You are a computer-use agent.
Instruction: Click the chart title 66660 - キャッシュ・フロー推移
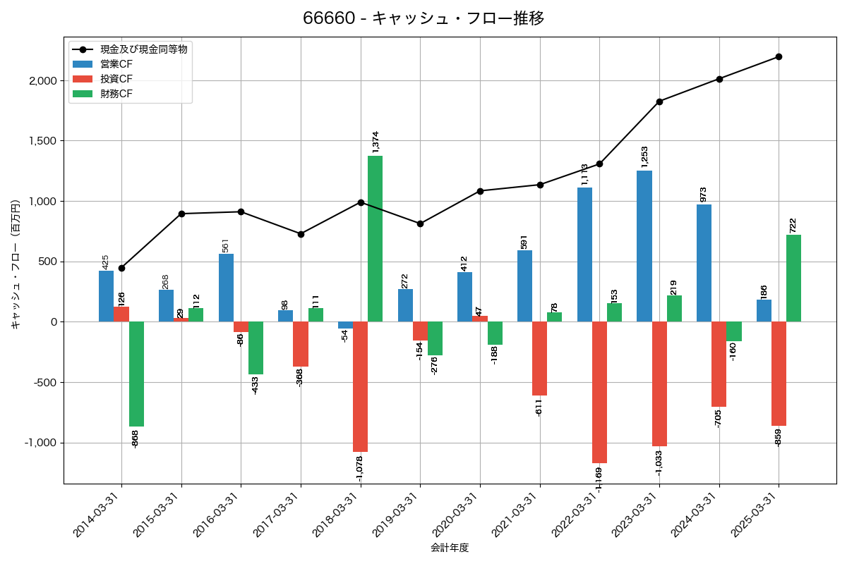[423, 18]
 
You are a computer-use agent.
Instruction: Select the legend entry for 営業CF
[116, 64]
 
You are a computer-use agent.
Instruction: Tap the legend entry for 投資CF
[116, 79]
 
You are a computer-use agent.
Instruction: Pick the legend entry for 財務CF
[116, 94]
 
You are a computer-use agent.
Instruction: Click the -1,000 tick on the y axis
[41, 443]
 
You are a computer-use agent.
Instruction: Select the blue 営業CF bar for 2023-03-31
[644, 246]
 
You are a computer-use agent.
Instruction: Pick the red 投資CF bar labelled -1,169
[599, 392]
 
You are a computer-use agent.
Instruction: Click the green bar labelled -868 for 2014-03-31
[136, 374]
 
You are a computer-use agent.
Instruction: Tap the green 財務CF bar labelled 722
[793, 278]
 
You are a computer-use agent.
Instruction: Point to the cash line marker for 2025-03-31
[779, 56]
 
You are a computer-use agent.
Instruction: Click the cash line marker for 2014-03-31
[121, 268]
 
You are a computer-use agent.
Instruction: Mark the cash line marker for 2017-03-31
[301, 234]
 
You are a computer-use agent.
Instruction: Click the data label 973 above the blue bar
[703, 195]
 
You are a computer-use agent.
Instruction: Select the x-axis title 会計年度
[450, 548]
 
